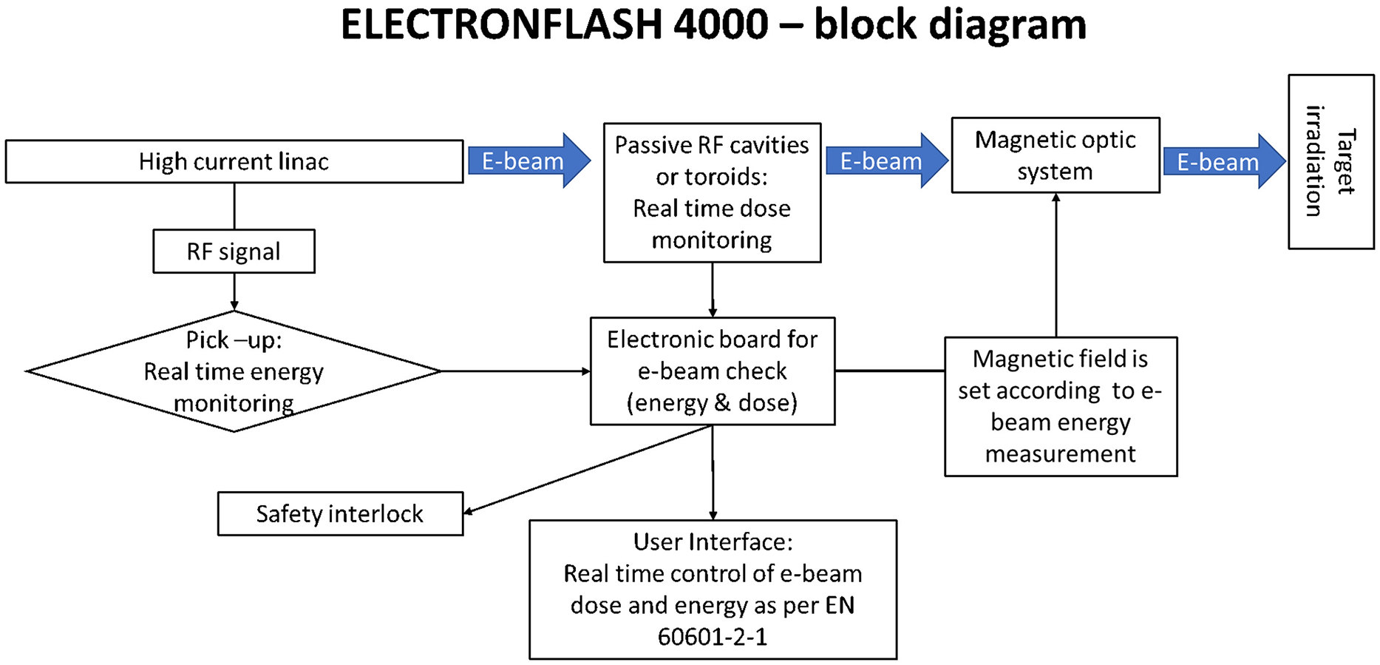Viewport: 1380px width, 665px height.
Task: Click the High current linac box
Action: pyautogui.click(x=234, y=161)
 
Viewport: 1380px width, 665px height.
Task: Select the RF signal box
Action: pyautogui.click(x=234, y=252)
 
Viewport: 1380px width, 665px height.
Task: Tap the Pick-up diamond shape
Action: pyautogui.click(x=234, y=371)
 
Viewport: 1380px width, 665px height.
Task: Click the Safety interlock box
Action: pyautogui.click(x=340, y=513)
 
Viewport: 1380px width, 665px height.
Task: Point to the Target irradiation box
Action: pyautogui.click(x=1330, y=161)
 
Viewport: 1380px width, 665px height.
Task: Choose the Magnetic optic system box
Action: pyautogui.click(x=1055, y=155)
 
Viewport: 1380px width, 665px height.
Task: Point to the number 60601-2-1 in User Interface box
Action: pyautogui.click(x=713, y=636)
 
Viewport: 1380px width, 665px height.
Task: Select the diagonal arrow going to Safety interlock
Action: pyautogui.click(x=588, y=469)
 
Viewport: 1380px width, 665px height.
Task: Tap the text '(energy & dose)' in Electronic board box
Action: pyautogui.click(x=712, y=402)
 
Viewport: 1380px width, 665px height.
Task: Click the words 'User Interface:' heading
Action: pyautogui.click(x=713, y=541)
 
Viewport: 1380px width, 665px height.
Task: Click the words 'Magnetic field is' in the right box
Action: pyautogui.click(x=1060, y=359)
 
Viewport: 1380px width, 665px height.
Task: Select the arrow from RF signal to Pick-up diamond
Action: pyautogui.click(x=234, y=291)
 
